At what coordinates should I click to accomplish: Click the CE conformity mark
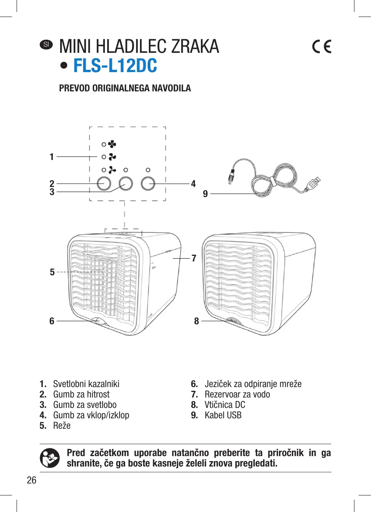point(322,47)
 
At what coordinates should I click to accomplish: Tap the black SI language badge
point(46,44)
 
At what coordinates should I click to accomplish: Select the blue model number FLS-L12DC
point(115,66)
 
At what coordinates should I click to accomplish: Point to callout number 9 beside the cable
point(205,194)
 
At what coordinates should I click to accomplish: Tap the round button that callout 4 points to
point(148,184)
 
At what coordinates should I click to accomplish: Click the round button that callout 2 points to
point(104,184)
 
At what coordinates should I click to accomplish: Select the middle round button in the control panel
point(126,184)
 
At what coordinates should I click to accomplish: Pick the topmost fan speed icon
point(112,144)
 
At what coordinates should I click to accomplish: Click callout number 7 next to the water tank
point(194,258)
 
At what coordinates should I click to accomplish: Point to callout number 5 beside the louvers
point(52,272)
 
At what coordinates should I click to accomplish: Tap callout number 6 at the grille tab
point(52,321)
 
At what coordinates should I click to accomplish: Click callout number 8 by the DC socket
point(196,321)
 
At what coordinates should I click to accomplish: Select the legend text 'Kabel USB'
point(223,415)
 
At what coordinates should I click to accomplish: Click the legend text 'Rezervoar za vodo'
point(237,394)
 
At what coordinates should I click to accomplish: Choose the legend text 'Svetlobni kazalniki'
point(86,384)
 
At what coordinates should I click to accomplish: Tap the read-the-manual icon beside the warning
point(50,458)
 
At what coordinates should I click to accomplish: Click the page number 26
point(32,480)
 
